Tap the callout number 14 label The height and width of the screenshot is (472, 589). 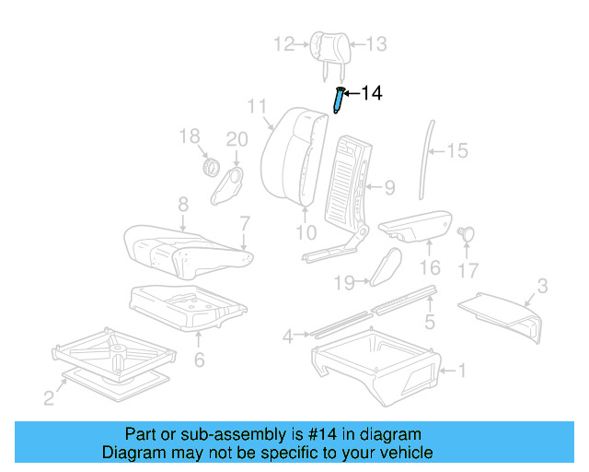click(x=370, y=93)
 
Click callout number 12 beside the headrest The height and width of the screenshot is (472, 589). click(x=283, y=42)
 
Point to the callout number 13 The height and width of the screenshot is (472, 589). click(x=377, y=43)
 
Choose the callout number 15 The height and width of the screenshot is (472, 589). click(x=457, y=150)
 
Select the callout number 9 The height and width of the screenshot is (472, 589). click(x=390, y=189)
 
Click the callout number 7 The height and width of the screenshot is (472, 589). click(x=245, y=222)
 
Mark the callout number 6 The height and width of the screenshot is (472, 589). click(x=199, y=359)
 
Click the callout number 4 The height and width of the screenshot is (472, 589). click(x=288, y=336)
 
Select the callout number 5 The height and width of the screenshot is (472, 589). click(x=429, y=322)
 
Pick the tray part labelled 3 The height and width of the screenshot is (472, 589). click(x=502, y=309)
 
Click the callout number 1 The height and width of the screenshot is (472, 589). click(x=462, y=372)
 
